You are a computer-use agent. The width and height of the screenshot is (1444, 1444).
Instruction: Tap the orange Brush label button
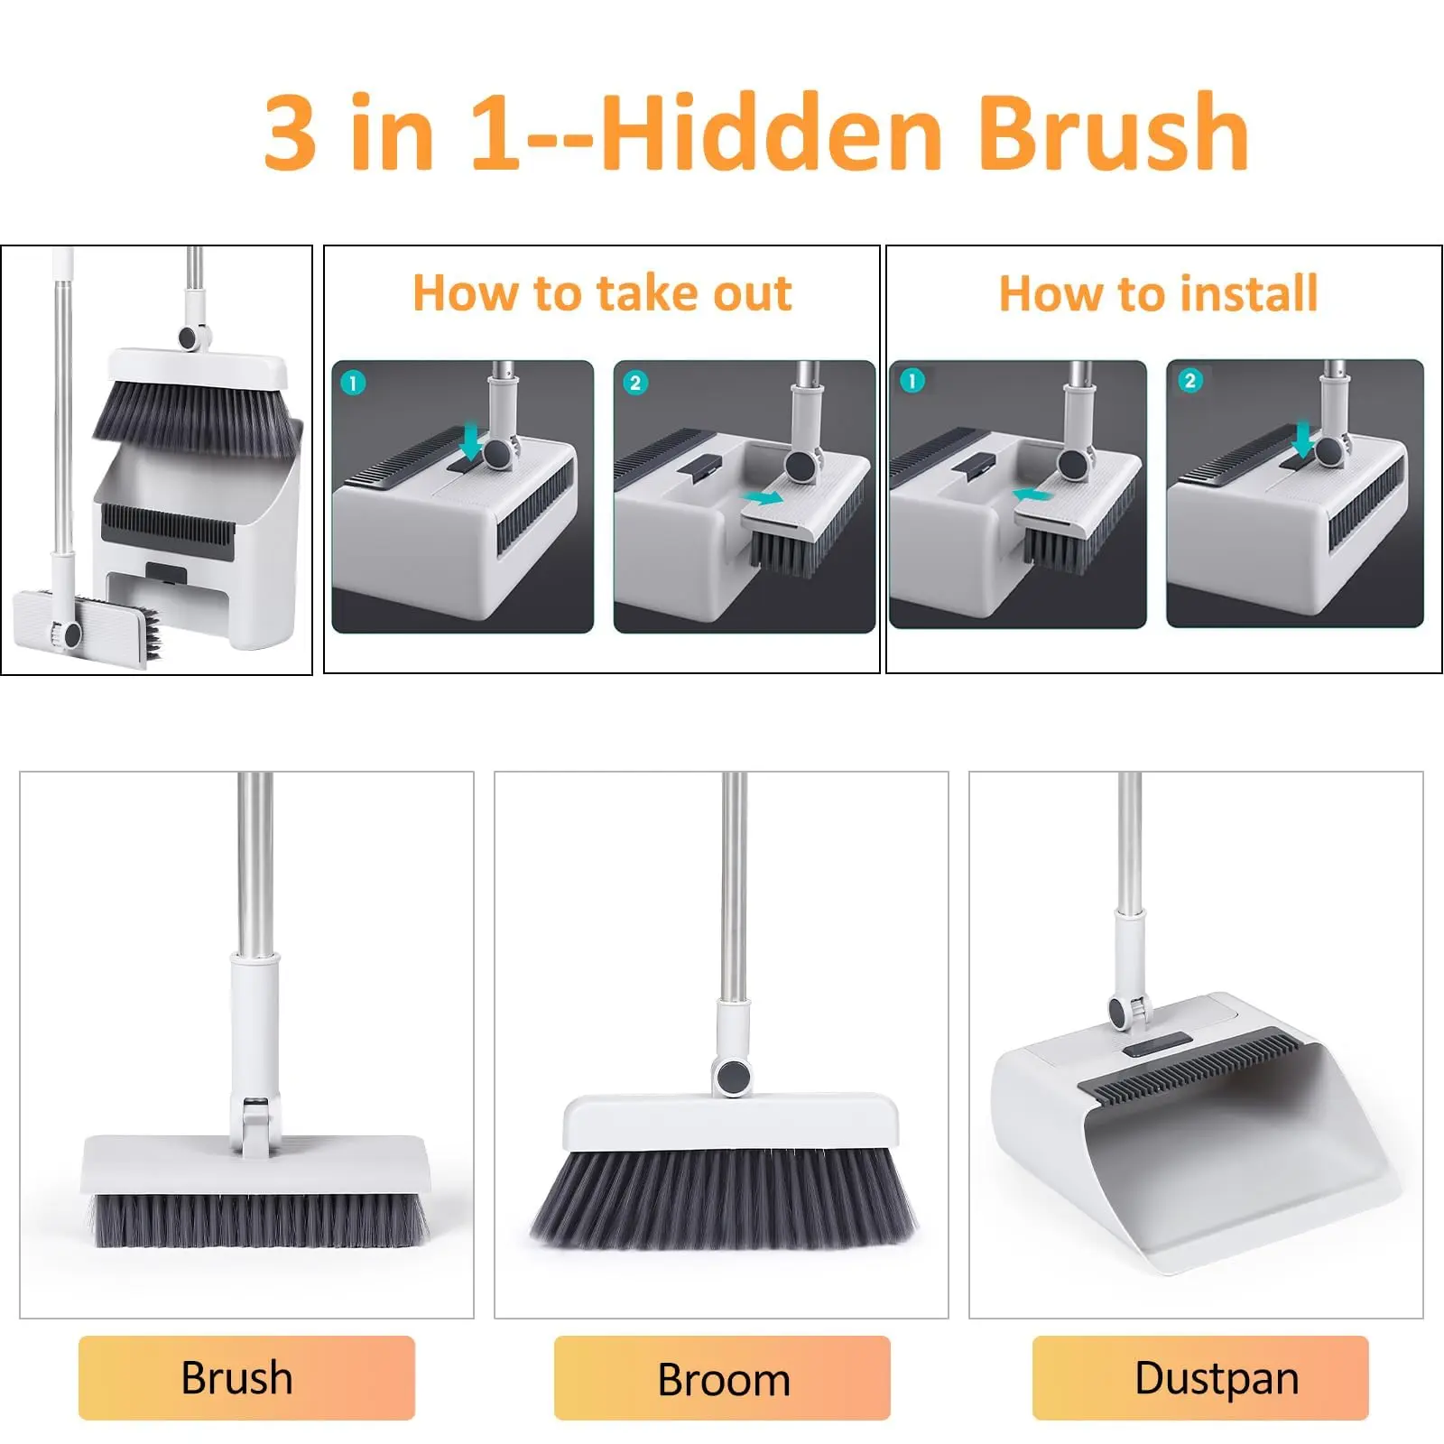click(x=246, y=1377)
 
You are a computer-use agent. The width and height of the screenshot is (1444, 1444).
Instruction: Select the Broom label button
click(x=722, y=1377)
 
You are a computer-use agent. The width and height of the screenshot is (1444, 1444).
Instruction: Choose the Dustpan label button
click(x=1200, y=1377)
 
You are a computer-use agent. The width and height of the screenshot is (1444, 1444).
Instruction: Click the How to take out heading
click(x=602, y=292)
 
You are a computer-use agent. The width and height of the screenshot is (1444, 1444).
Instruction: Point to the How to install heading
click(x=1159, y=292)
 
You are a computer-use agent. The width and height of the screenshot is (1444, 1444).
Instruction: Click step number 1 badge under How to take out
click(x=353, y=383)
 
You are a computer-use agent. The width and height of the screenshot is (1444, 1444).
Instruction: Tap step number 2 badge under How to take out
click(x=635, y=383)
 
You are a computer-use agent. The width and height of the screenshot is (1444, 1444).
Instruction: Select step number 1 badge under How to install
click(x=912, y=380)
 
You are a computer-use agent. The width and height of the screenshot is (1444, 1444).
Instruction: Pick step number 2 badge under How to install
click(x=1189, y=380)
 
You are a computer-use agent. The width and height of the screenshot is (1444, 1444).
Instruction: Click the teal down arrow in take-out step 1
click(x=470, y=443)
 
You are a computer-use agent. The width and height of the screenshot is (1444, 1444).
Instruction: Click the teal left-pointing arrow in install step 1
click(x=1032, y=495)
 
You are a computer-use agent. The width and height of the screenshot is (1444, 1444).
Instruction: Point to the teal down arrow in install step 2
click(x=1302, y=441)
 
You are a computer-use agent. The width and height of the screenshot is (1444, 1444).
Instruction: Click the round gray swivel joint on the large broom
click(x=732, y=1076)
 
